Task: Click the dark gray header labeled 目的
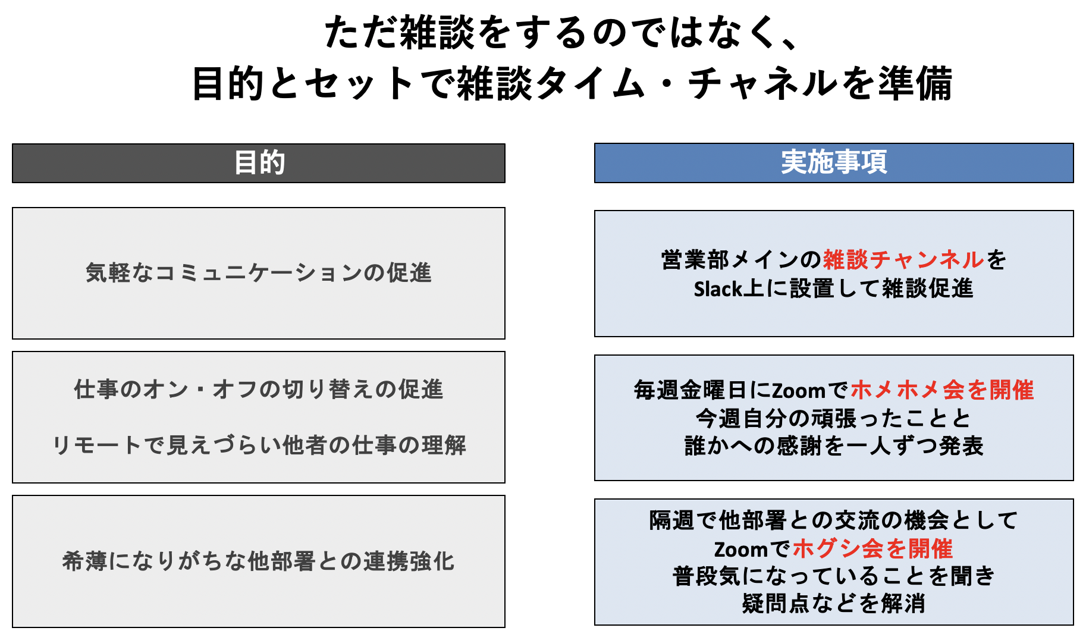(x=259, y=163)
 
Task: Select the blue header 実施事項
(x=834, y=162)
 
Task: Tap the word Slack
(x=718, y=289)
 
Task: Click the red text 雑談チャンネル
(x=903, y=260)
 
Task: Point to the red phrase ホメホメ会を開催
(x=942, y=390)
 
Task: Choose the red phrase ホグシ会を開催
(x=873, y=548)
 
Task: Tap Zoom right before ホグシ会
(x=740, y=549)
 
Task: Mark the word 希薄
(x=84, y=561)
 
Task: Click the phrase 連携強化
(x=409, y=561)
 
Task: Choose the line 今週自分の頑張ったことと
(x=834, y=419)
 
